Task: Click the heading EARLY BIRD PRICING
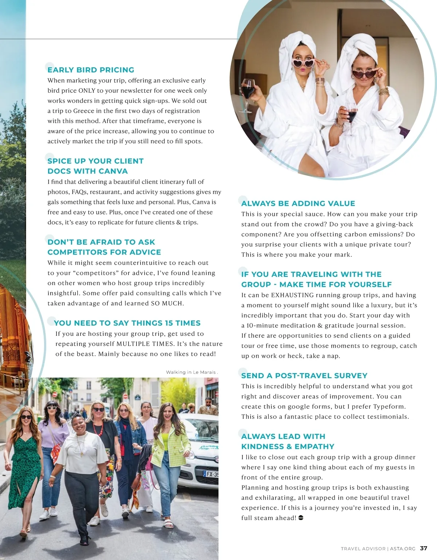pyautogui.click(x=91, y=70)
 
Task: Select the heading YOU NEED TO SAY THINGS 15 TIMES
pyautogui.click(x=127, y=323)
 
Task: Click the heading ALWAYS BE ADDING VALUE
pyautogui.click(x=298, y=203)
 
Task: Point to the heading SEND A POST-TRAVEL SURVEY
pyautogui.click(x=304, y=376)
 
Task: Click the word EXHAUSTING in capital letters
pyautogui.click(x=292, y=295)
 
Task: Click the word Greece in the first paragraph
pyautogui.click(x=84, y=111)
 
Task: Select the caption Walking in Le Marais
pyautogui.click(x=191, y=372)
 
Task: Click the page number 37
pyautogui.click(x=424, y=548)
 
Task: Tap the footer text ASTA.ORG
pyautogui.click(x=402, y=549)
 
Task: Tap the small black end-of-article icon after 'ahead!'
pyautogui.click(x=301, y=517)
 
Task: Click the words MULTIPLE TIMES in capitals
pyautogui.click(x=145, y=344)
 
